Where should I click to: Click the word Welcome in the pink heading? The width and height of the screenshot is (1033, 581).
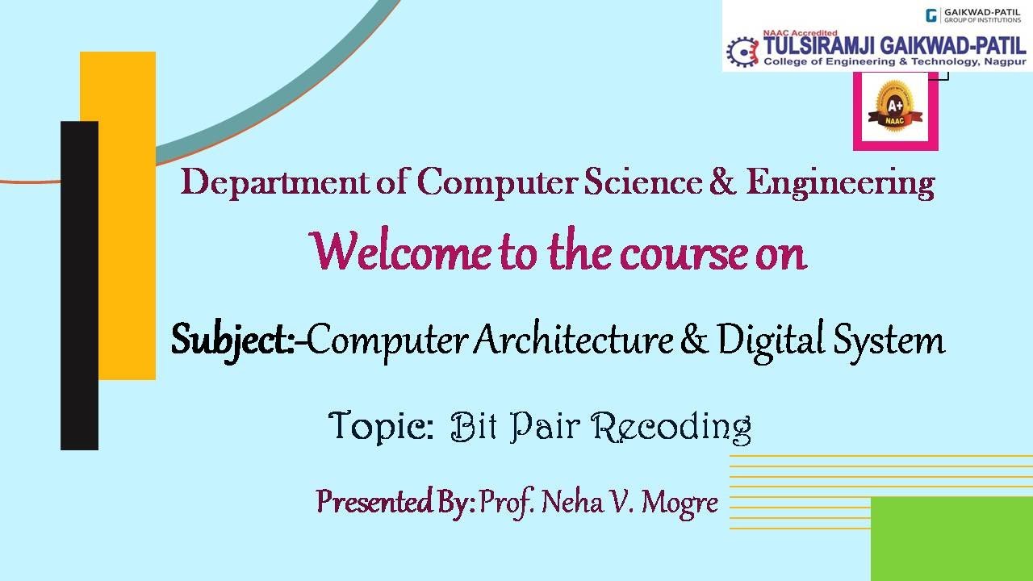click(x=401, y=252)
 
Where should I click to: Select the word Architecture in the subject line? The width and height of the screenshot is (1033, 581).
click(x=574, y=340)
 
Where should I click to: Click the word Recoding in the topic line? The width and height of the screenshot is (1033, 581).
click(x=671, y=428)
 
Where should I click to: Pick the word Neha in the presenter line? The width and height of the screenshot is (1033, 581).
click(x=572, y=502)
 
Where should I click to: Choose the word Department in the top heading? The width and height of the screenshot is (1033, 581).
click(x=275, y=183)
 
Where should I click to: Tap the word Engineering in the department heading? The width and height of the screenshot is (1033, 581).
click(x=840, y=183)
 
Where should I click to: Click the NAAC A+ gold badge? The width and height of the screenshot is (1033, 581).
click(x=895, y=106)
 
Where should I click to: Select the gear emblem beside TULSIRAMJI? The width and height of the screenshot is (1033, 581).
click(x=742, y=52)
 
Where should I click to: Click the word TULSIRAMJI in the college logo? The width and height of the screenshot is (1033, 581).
click(x=820, y=46)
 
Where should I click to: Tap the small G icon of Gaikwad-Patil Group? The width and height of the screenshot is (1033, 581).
click(x=931, y=15)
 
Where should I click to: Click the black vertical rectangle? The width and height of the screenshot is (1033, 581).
click(x=79, y=286)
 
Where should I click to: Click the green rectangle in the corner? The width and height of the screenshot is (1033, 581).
click(x=951, y=539)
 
